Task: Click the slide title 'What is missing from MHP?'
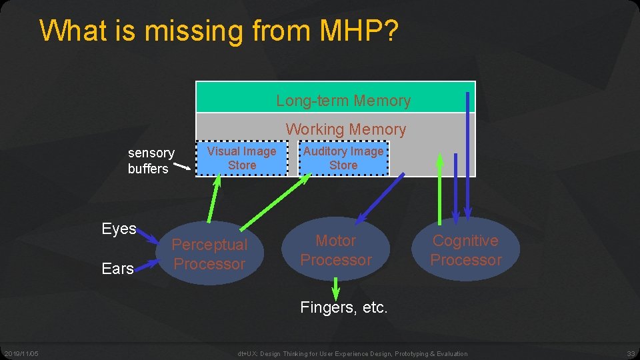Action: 219,31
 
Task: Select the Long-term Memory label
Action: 343,101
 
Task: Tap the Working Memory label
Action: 345,129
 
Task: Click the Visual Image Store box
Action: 241,158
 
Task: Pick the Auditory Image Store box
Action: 343,158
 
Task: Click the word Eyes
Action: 119,229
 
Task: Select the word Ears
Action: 118,268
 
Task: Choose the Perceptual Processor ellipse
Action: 209,254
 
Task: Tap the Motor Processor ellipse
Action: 335,250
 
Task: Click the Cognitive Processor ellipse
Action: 465,250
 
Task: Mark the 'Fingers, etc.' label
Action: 343,307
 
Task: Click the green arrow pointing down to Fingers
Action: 335,287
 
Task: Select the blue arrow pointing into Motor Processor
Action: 380,197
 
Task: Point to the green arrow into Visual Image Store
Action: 215,197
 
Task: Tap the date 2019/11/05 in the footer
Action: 21,353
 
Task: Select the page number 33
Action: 630,353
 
